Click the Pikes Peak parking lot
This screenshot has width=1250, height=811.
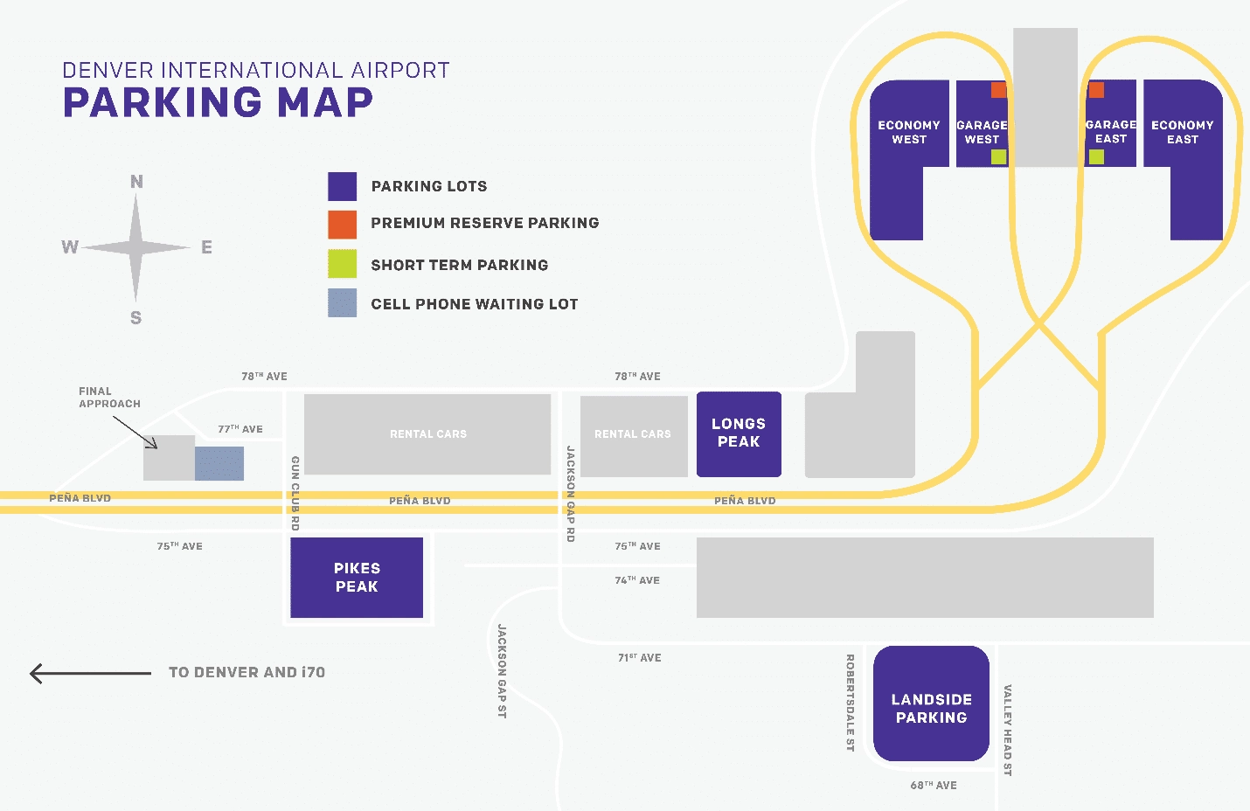click(x=357, y=578)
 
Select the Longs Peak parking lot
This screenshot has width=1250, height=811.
click(x=739, y=433)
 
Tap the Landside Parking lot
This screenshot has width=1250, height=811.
click(x=931, y=704)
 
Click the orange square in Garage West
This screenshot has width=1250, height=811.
click(x=998, y=90)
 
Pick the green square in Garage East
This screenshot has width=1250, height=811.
click(x=1096, y=157)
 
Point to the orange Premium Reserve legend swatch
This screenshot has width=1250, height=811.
click(x=342, y=225)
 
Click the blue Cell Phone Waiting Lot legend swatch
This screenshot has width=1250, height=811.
click(x=342, y=303)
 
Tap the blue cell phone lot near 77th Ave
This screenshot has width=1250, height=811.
click(x=219, y=463)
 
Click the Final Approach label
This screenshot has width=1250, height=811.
click(x=109, y=398)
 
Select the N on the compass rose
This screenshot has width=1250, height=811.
click(x=136, y=182)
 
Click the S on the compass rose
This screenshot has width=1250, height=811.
click(x=136, y=318)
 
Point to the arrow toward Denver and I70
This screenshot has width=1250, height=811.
click(x=90, y=673)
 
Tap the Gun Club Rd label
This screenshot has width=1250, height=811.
click(x=295, y=493)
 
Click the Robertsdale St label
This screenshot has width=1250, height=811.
click(x=850, y=703)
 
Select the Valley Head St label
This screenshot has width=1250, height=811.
click(x=1007, y=730)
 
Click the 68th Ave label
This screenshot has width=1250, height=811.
click(x=934, y=786)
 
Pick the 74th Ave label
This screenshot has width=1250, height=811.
click(x=637, y=580)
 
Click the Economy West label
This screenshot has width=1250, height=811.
click(x=909, y=132)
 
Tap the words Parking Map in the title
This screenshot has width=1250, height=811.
click(x=218, y=103)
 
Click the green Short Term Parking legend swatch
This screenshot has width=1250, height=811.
click(x=342, y=264)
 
